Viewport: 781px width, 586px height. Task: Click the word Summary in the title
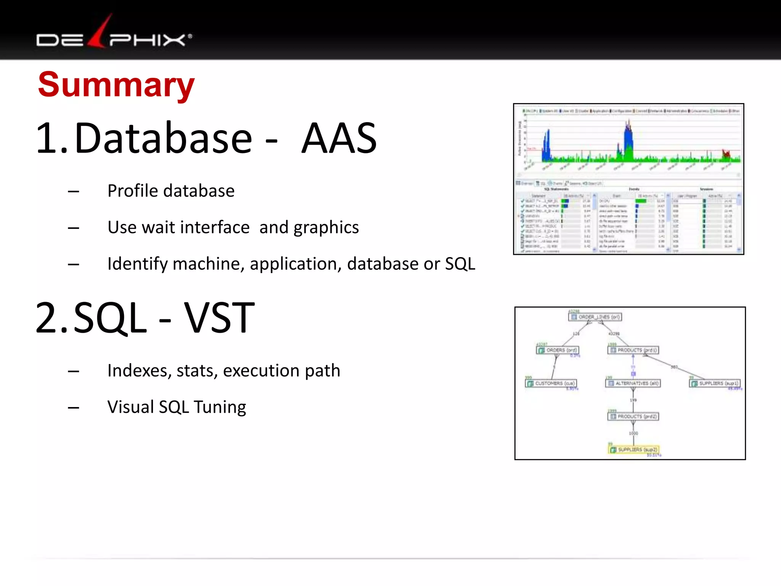pos(116,85)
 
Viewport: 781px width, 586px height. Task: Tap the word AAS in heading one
pos(339,138)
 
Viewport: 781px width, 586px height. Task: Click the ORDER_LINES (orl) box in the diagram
pos(595,317)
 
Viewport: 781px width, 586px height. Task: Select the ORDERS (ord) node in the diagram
pos(558,350)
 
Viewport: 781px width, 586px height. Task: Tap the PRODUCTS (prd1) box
pos(633,350)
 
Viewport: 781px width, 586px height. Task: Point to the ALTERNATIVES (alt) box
pos(633,383)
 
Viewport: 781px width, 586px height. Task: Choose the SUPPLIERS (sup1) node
pos(715,383)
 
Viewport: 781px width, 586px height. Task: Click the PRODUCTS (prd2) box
pos(633,416)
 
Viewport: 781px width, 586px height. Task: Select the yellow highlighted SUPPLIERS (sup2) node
pos(633,449)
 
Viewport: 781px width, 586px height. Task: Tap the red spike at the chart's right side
pos(726,153)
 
